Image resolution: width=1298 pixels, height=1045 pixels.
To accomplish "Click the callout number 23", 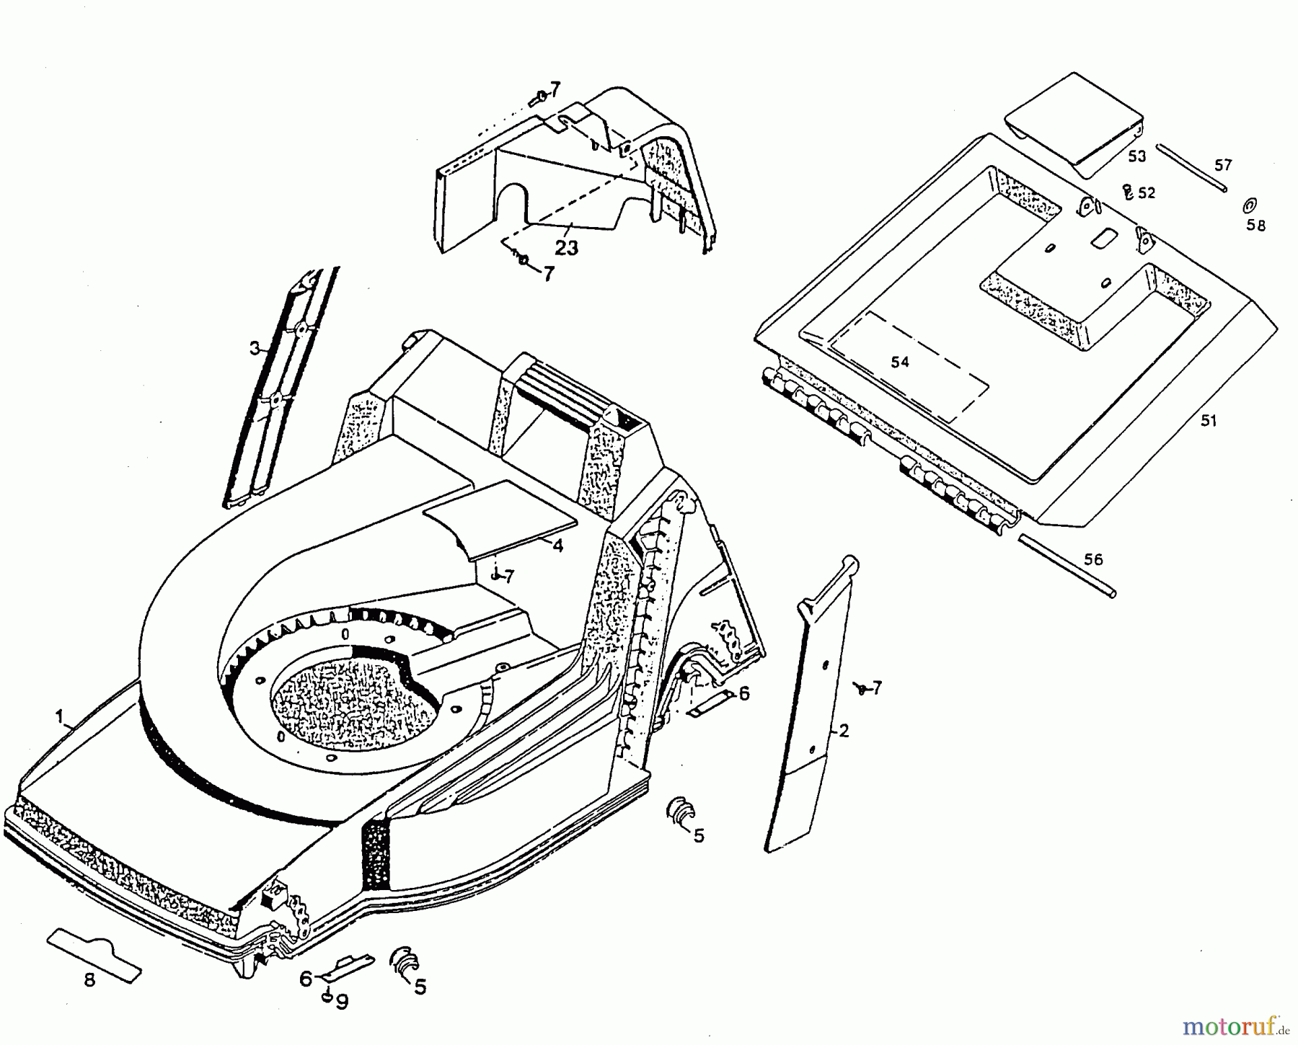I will [x=567, y=248].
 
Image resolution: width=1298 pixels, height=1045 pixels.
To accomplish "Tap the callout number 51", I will [x=1208, y=420].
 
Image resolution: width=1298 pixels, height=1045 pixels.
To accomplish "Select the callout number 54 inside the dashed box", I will [x=899, y=362].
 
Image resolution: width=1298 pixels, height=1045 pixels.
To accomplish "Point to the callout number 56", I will [x=1093, y=559].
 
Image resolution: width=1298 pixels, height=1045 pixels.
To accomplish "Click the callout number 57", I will [x=1223, y=165].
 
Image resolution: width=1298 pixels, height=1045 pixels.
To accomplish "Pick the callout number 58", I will [x=1255, y=226].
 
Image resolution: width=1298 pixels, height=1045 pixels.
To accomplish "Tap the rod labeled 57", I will [x=1191, y=167].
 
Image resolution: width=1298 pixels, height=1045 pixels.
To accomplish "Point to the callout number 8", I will [x=89, y=981].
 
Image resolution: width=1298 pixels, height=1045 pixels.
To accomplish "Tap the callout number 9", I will [x=342, y=1002].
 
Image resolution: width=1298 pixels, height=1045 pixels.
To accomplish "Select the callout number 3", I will [x=255, y=349].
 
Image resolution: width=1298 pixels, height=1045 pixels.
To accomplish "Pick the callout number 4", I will [x=557, y=546].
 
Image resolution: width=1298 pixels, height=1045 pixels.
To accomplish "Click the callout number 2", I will [x=844, y=731].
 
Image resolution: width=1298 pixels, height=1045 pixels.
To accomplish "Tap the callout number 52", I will [x=1147, y=193].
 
